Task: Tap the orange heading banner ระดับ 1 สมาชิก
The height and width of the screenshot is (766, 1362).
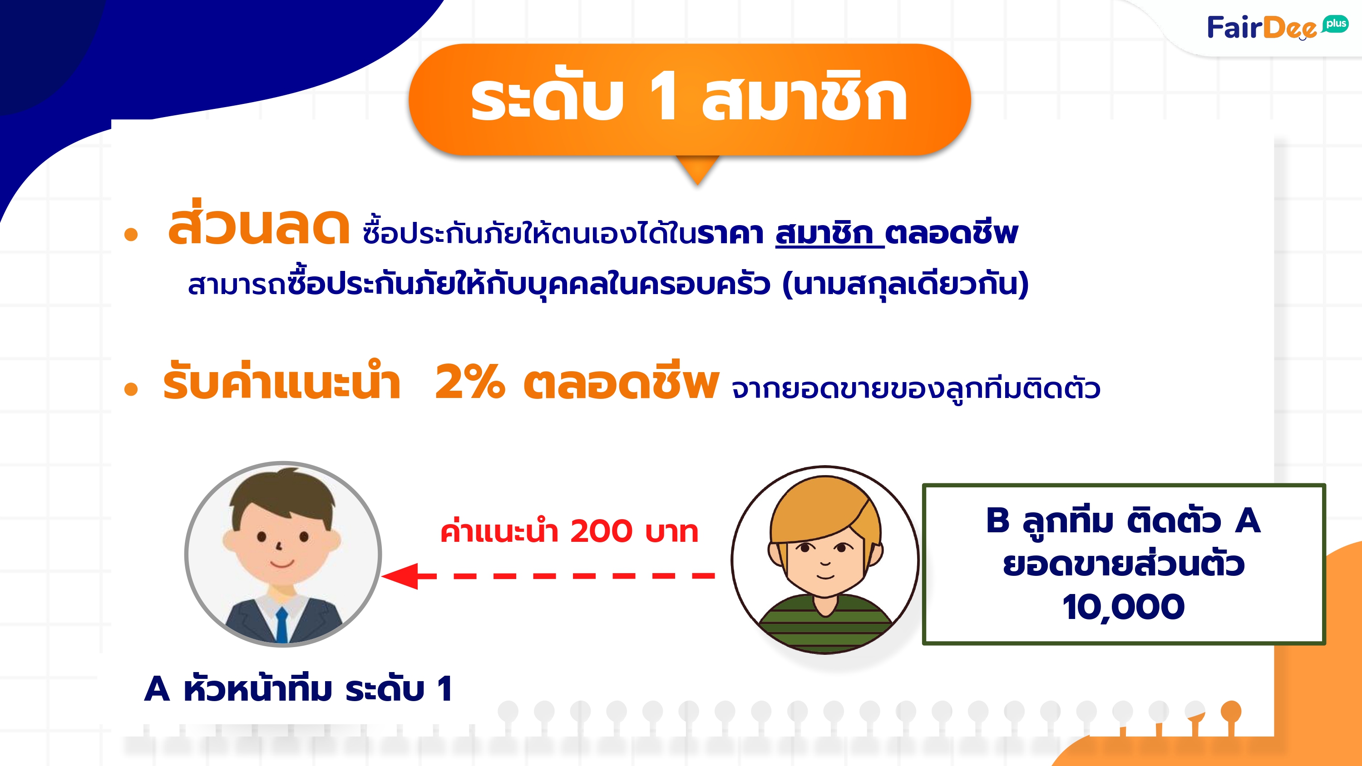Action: coord(690,99)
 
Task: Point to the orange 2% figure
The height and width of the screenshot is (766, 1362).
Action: coord(469,381)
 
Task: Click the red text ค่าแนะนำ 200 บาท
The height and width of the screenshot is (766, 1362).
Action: coord(569,531)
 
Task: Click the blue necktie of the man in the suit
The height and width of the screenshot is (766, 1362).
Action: coord(282,625)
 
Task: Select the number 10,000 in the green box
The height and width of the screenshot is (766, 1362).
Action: coord(1124,607)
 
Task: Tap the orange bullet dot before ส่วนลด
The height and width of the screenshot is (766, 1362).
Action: coord(131,234)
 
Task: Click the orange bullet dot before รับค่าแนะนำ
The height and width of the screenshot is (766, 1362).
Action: coord(131,389)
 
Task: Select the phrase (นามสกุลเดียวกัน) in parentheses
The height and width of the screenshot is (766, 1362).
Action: coord(905,284)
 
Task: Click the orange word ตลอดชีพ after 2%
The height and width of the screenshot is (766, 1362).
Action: coord(621,380)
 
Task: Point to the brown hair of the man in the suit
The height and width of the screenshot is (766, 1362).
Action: coord(282,494)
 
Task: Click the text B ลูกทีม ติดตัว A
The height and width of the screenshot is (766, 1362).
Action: coord(1124,521)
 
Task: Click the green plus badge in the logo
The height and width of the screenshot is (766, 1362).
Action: coord(1336,24)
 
